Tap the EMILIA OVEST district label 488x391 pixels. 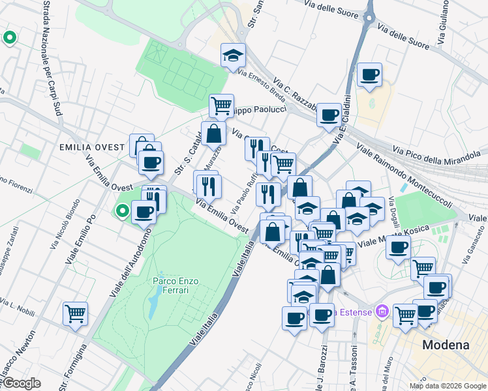coord(91,147)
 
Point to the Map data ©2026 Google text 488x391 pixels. coord(447,385)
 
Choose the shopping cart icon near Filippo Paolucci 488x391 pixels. coord(222,104)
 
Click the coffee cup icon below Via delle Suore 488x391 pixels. coord(369,74)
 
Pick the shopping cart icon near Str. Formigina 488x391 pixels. coord(75,313)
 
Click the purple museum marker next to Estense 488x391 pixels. coord(382,311)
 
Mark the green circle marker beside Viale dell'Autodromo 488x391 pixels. coord(121,210)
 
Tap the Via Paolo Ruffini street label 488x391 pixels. coord(243,192)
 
